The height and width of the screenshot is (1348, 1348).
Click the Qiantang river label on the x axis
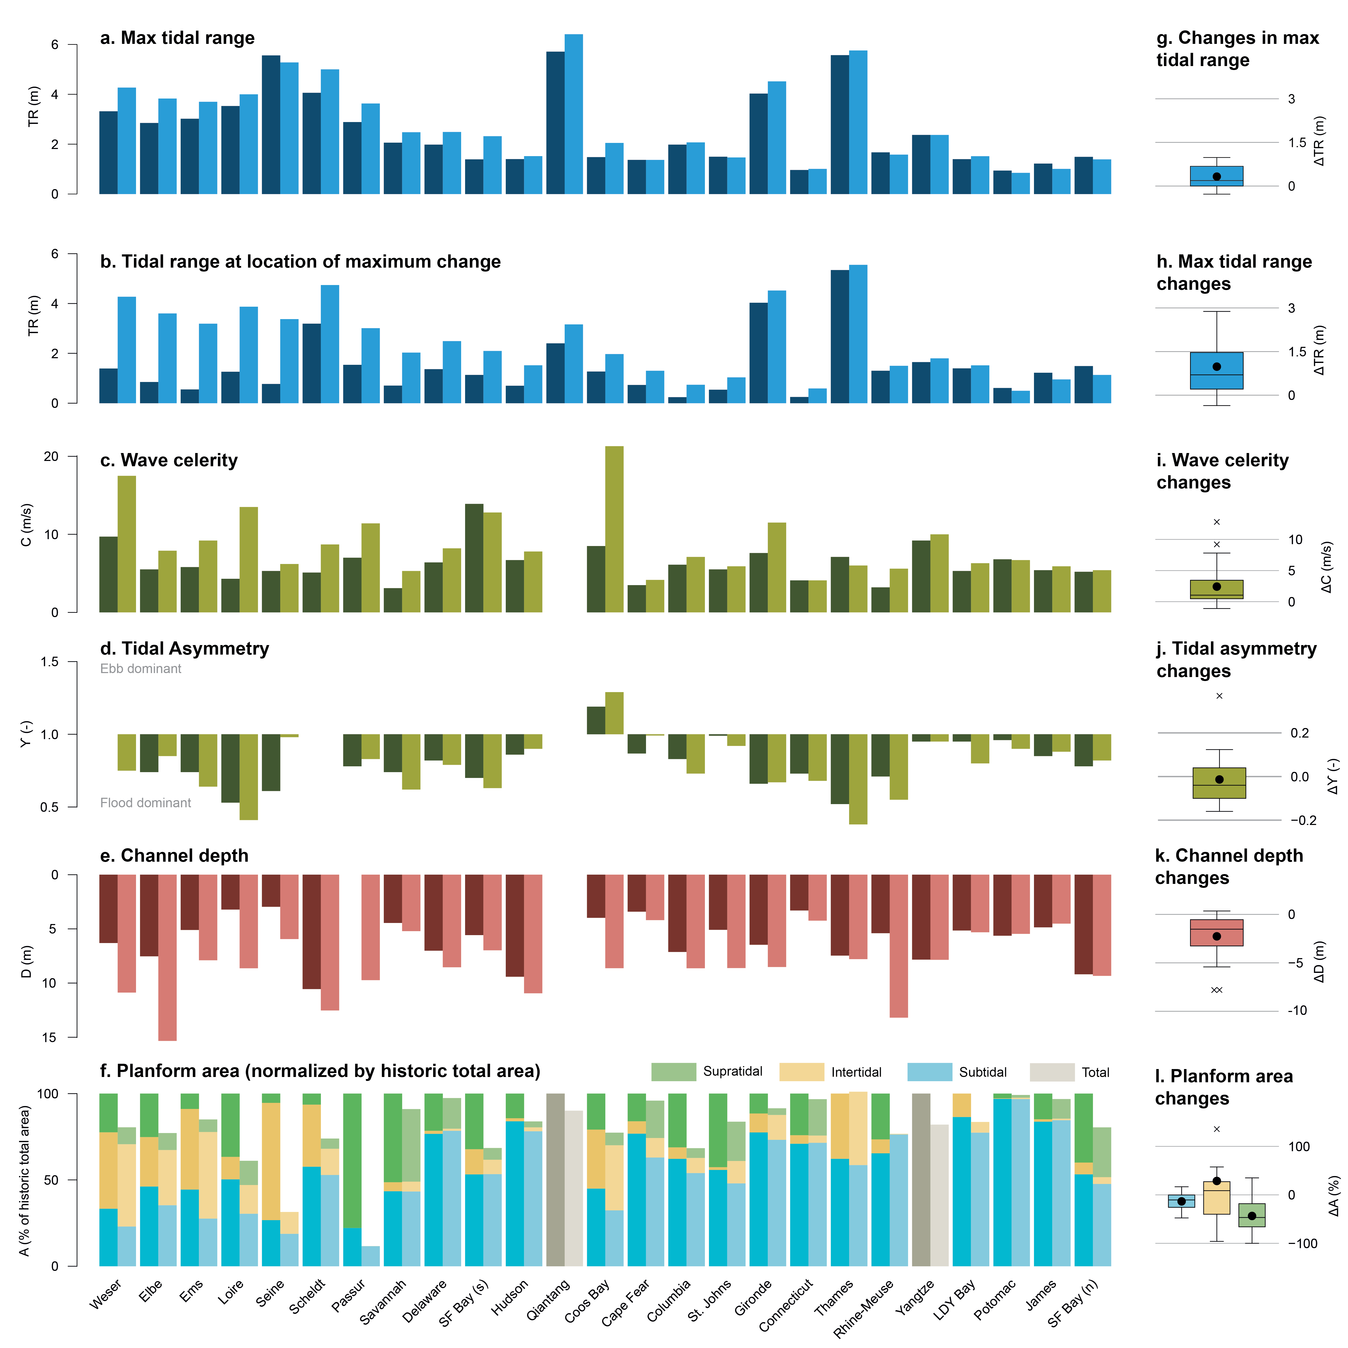(548, 1299)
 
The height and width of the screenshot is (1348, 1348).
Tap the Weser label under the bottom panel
(106, 1294)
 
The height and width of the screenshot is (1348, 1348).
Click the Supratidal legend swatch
(673, 1072)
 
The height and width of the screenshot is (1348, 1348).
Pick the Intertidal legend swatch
(801, 1072)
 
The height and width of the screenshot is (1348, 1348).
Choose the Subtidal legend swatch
(929, 1072)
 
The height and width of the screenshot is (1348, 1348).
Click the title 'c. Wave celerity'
(169, 460)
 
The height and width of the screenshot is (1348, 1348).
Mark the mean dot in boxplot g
(1217, 176)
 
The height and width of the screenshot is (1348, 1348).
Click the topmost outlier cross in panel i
(1217, 522)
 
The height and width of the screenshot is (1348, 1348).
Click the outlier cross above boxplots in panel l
(1217, 1129)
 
